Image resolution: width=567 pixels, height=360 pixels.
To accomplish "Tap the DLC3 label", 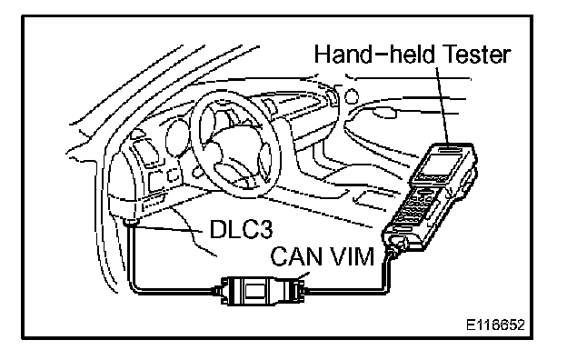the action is (x=241, y=229).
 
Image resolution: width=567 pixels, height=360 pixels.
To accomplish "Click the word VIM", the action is (x=352, y=256).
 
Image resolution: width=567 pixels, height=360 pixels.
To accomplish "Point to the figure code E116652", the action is (x=495, y=325).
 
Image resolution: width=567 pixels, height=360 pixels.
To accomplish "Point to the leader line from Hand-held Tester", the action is (x=443, y=105).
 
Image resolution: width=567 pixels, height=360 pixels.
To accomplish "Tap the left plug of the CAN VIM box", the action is (x=217, y=290).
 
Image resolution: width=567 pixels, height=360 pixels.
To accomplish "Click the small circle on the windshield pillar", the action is (x=351, y=96).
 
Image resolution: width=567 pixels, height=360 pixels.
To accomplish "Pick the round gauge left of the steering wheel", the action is (x=176, y=138).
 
